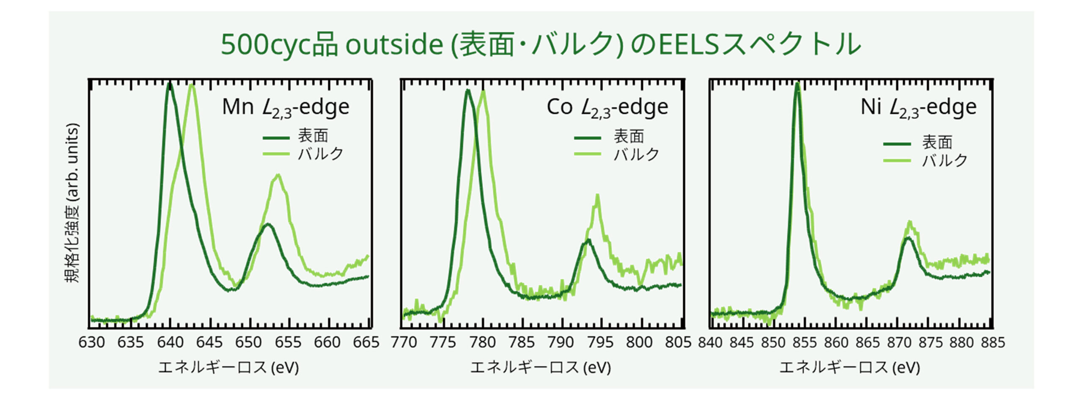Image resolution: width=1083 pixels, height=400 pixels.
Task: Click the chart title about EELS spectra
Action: coord(541,44)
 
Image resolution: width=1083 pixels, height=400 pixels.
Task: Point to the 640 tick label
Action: coord(170,342)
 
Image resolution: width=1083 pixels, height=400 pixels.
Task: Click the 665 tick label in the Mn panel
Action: coord(366,342)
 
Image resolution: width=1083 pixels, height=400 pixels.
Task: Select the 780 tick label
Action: coord(482,342)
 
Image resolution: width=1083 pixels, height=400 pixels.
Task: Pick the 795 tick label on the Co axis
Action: coord(600,342)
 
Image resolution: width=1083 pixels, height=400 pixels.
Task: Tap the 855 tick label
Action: coord(805,342)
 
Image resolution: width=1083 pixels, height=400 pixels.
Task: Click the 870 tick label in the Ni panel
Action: coord(899,342)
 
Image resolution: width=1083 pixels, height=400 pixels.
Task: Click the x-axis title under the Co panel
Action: coord(540,367)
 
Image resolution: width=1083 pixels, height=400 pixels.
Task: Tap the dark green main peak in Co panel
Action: coord(467,90)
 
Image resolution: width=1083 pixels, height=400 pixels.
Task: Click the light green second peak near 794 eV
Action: coord(597,196)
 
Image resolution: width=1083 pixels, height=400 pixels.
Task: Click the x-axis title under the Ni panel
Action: coord(849,367)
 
